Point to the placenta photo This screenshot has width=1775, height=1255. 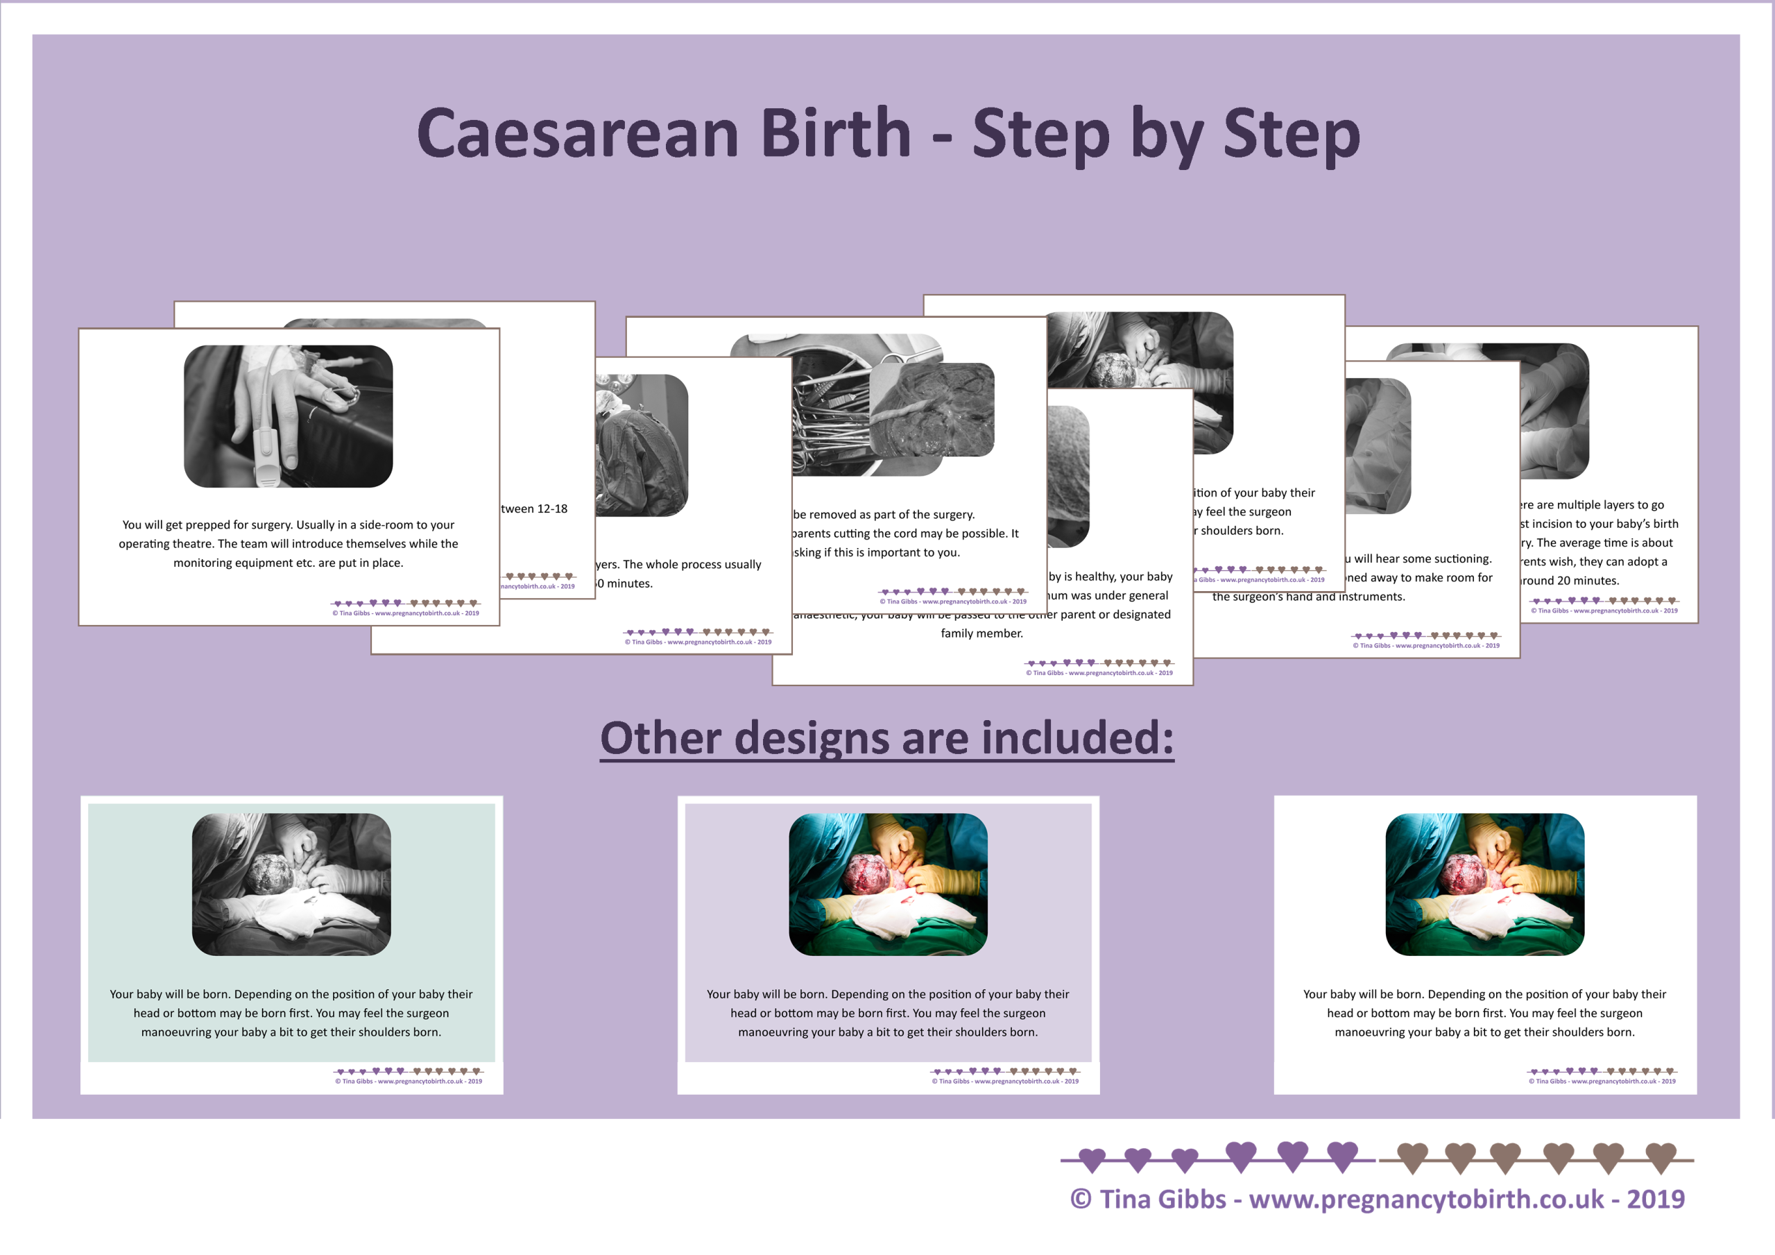coord(932,409)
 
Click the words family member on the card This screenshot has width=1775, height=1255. coord(981,633)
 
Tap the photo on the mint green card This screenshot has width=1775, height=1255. coord(291,884)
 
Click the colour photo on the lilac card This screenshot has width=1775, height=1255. coord(888,884)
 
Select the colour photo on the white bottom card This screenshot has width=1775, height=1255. coord(1484,884)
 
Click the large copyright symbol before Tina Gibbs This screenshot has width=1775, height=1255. coord(1080,1199)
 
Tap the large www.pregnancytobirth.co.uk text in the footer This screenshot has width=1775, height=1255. coord(1426,1199)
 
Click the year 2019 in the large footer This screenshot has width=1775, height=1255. coord(1655,1199)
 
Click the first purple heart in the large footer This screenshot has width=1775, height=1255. coord(1092,1159)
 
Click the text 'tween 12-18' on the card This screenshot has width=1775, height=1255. coord(534,509)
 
